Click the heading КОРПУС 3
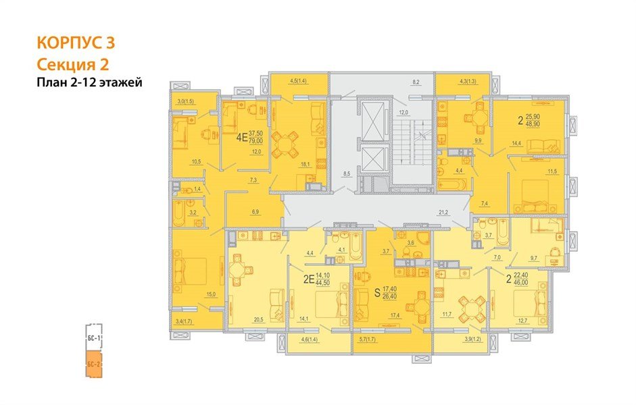(x=76, y=43)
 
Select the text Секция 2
(x=72, y=64)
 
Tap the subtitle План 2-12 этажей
(x=91, y=83)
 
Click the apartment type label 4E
(x=241, y=137)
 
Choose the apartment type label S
(x=378, y=293)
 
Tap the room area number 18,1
(x=305, y=164)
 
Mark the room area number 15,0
(x=210, y=294)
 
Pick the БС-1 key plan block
(x=93, y=336)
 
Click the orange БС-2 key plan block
(x=93, y=364)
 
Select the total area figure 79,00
(x=256, y=141)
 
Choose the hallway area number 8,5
(x=347, y=174)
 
